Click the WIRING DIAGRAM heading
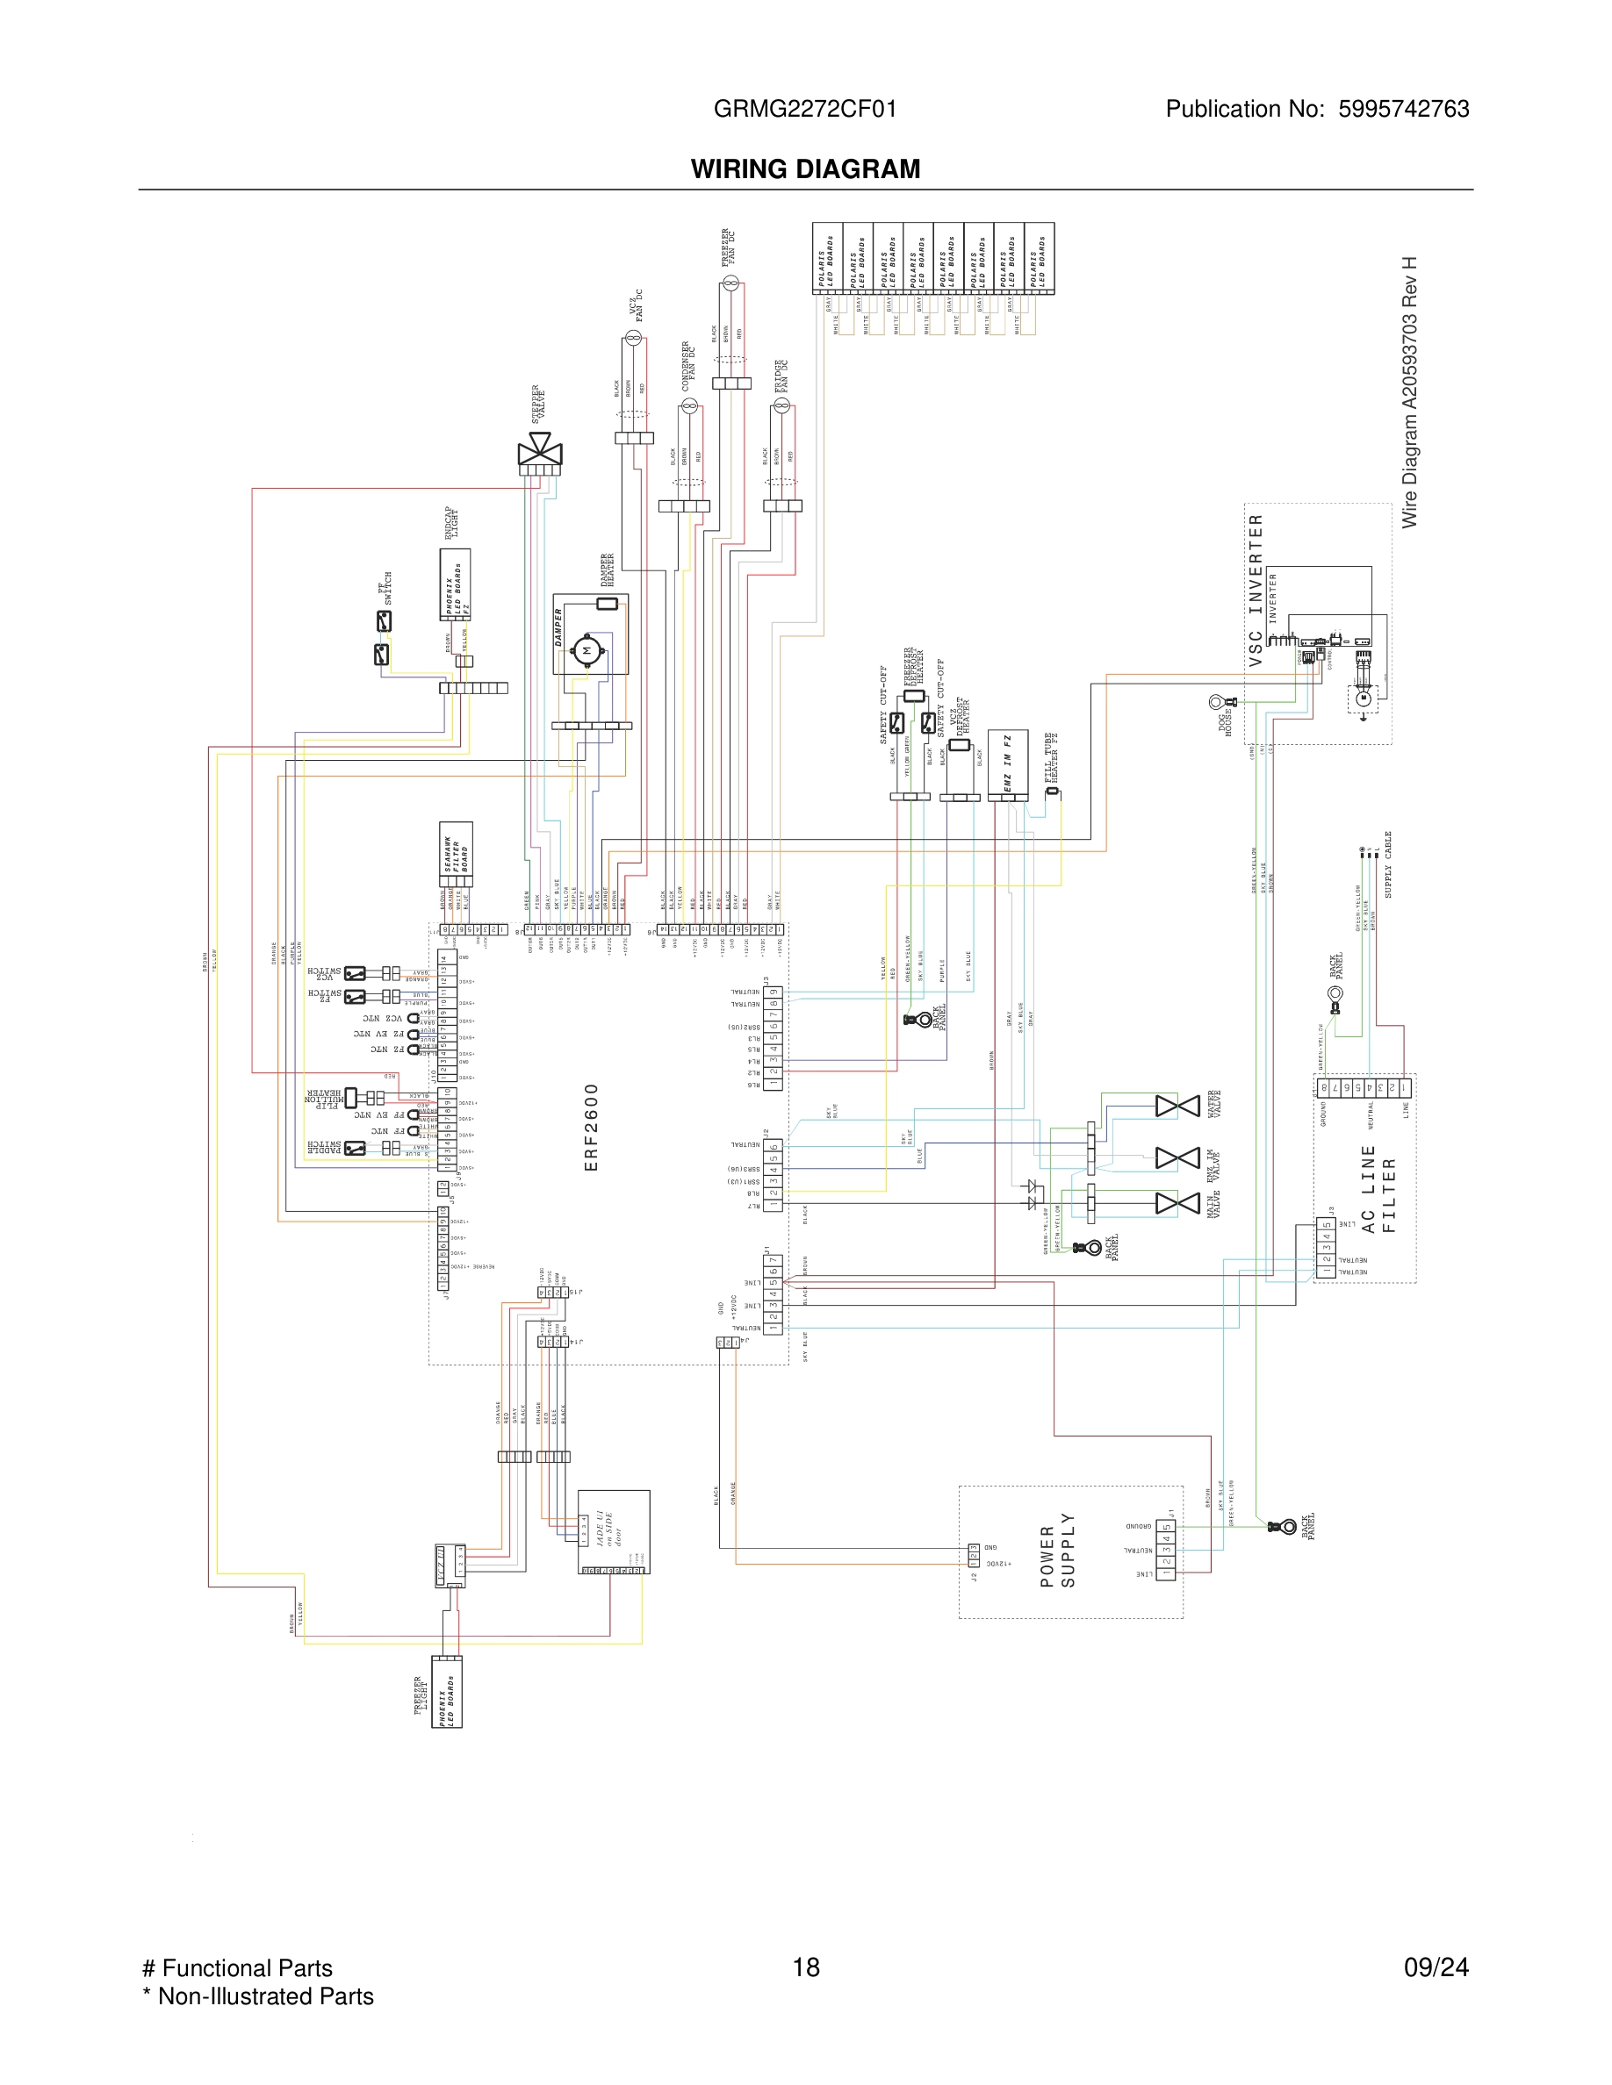805,169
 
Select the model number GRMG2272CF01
805,109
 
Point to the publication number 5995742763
1403,109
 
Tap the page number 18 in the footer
806,1967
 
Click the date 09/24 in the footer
1436,1967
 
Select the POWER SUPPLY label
1057,1551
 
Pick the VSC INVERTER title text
1256,589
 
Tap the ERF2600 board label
591,1127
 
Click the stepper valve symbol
540,448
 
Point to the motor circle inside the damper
587,651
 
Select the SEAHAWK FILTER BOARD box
456,854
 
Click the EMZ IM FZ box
1008,763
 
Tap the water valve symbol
1177,1106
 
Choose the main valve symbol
1177,1203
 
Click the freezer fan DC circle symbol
730,283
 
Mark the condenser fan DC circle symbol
689,405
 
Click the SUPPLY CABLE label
1387,864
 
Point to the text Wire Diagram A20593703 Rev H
1409,391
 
